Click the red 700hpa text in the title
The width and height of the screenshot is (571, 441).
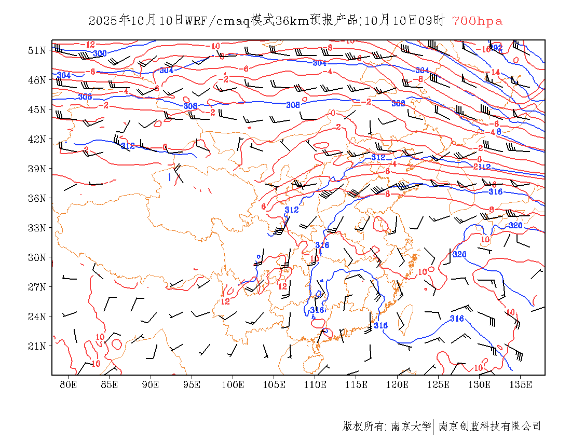point(477,21)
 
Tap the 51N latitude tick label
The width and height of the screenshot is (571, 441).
point(37,50)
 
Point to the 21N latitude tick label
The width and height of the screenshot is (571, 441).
point(37,346)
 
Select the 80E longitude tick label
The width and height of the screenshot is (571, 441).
point(69,384)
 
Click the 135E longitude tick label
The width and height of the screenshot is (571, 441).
point(521,384)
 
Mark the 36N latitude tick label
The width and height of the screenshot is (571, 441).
point(37,198)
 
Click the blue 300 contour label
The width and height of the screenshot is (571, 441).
point(100,53)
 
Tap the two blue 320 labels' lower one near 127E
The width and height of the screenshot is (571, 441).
point(460,254)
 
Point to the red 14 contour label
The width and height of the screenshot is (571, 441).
point(495,72)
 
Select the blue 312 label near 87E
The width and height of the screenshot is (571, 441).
point(128,146)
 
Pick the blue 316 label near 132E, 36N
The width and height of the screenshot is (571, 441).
point(496,192)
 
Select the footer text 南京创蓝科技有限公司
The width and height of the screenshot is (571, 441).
point(490,426)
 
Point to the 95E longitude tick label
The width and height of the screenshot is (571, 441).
point(192,384)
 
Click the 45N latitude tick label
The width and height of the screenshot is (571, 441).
point(37,109)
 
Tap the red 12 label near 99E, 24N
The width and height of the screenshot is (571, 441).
point(225,301)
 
